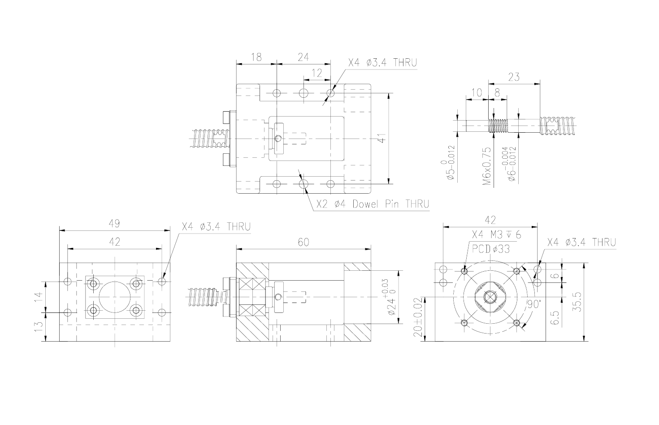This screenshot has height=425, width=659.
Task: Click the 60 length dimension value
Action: [303, 243]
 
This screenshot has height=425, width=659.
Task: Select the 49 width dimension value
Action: [114, 224]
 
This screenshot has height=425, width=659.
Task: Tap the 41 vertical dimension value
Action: [382, 138]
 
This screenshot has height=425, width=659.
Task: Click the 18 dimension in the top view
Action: [256, 57]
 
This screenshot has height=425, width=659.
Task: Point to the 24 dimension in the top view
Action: [303, 57]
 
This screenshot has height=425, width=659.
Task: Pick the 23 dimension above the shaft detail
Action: [514, 77]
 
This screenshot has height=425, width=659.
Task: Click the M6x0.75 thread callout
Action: [487, 166]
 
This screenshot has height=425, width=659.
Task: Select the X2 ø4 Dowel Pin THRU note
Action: [373, 204]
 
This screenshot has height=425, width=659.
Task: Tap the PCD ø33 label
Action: [491, 249]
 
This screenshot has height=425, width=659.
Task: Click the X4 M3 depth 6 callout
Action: [496, 235]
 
